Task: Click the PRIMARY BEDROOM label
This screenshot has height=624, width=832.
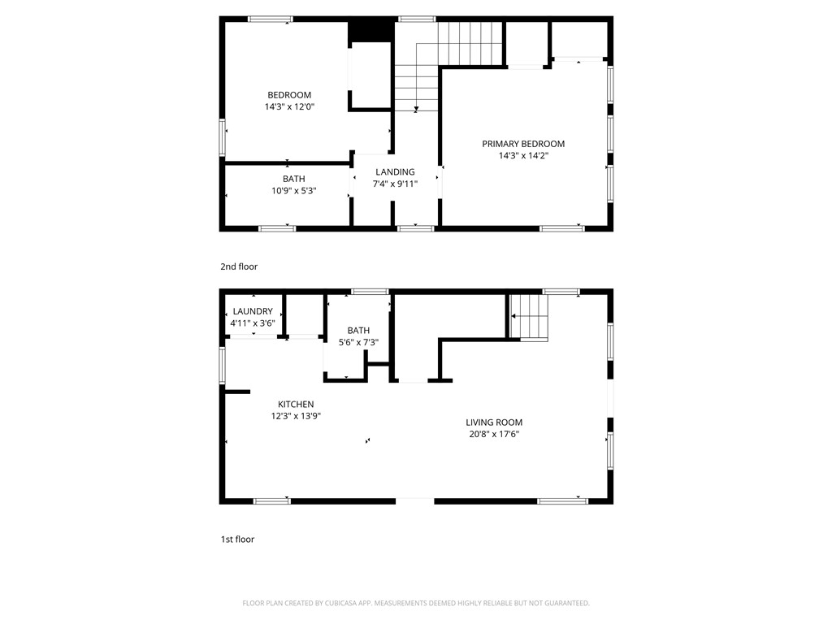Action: click(523, 144)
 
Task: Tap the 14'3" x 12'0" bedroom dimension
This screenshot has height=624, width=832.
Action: click(289, 106)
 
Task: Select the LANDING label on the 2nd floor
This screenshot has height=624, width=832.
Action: click(395, 171)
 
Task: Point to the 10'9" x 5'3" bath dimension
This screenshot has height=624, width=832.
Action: click(293, 191)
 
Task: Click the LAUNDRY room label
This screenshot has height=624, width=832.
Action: click(253, 311)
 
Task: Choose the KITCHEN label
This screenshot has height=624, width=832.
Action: click(295, 404)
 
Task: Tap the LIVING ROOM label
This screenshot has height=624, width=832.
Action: click(494, 422)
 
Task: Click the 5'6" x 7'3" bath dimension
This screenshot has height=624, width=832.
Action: click(358, 342)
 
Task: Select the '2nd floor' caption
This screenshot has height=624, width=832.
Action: click(239, 266)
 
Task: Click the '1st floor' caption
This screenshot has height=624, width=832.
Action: click(238, 539)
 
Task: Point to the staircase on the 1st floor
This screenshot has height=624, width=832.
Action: click(529, 316)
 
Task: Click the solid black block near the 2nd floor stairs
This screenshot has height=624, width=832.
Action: click(371, 31)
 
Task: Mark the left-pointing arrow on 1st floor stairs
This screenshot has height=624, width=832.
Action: click(514, 316)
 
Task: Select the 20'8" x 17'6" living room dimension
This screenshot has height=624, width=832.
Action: click(494, 434)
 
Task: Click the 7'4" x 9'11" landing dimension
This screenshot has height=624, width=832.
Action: click(395, 184)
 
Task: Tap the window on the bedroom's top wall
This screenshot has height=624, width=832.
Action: click(271, 19)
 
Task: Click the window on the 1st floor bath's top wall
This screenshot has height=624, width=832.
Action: click(370, 291)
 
